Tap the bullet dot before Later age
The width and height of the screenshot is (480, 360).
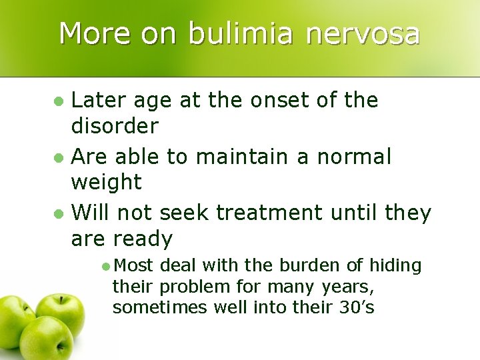(x=59, y=102)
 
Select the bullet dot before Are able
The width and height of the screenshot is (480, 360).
(x=59, y=159)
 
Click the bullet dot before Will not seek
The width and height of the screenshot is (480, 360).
(x=59, y=215)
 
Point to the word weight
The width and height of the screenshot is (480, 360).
(x=106, y=182)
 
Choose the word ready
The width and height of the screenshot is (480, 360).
(x=143, y=239)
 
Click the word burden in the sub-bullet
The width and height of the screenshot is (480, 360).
(x=302, y=266)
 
